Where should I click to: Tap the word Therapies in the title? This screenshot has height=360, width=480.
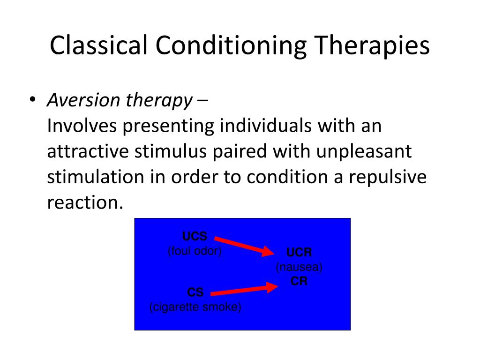tap(372, 46)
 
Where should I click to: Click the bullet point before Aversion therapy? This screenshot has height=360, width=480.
tap(32, 99)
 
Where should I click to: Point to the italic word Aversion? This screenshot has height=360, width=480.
tap(83, 100)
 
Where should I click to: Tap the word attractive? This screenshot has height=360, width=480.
tap(88, 151)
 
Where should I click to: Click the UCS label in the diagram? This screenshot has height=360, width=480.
tap(195, 236)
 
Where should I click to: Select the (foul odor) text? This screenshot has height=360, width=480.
tap(195, 251)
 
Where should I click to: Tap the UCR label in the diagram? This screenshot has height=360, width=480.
tap(299, 253)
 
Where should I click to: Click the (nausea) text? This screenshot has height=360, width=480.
tap(299, 267)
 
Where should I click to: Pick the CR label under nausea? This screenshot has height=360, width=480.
tap(299, 281)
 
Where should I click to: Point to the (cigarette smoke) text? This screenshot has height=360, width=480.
tap(195, 307)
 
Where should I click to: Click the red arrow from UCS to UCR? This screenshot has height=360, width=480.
tap(244, 246)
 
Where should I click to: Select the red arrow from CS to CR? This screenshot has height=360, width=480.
tap(244, 290)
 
